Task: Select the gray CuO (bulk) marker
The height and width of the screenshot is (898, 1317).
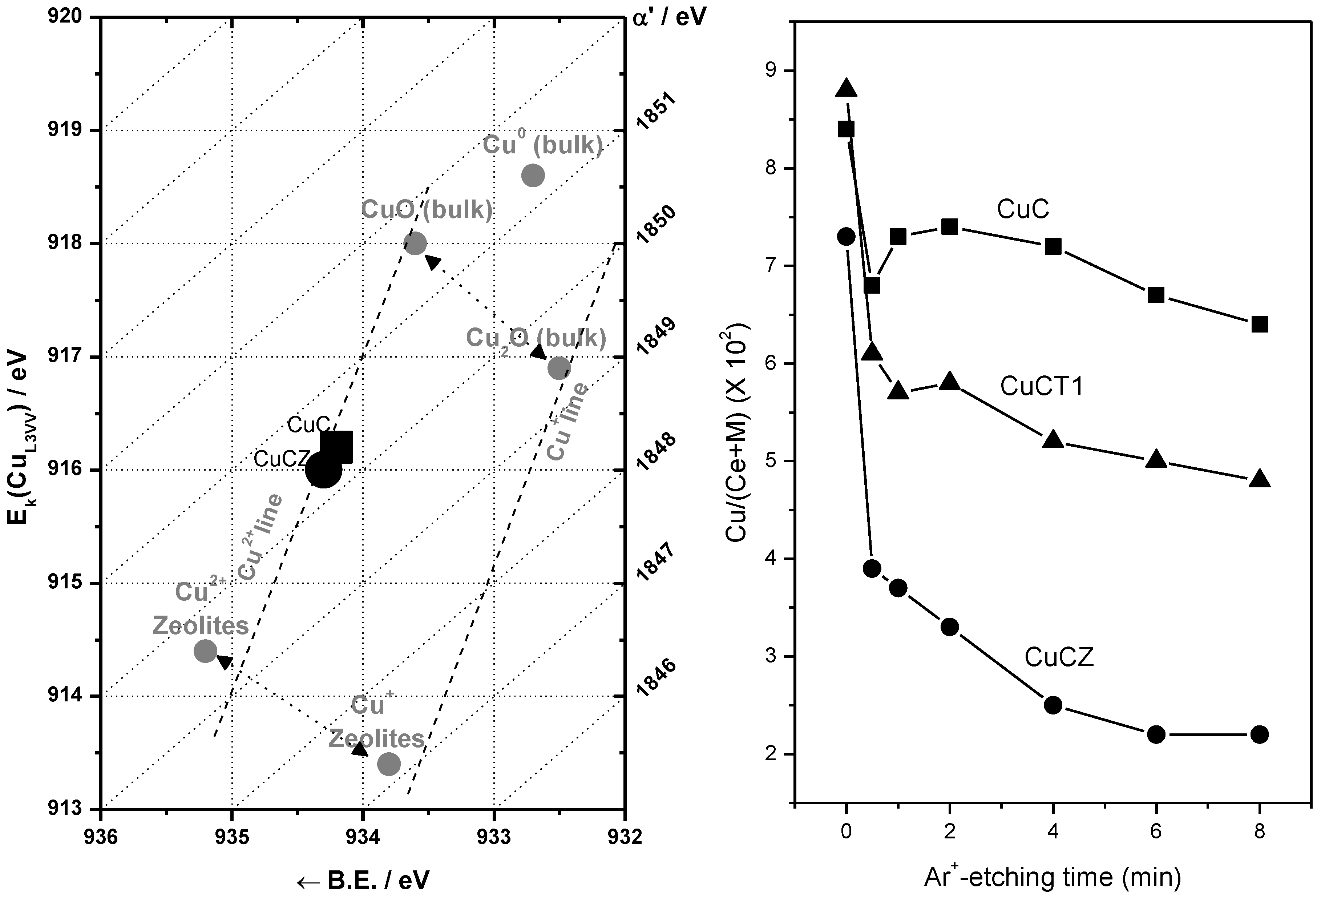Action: pos(415,244)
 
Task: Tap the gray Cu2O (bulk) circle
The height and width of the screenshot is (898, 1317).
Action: pos(559,368)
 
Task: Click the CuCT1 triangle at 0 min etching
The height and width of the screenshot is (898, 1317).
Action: pos(846,88)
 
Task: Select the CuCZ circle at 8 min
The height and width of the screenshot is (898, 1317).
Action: pos(1259,734)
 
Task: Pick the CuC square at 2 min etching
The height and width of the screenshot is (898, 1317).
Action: pos(949,227)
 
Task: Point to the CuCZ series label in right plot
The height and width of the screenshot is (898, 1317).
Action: pos(1059,658)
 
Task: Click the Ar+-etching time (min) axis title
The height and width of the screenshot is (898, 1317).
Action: pos(1053,877)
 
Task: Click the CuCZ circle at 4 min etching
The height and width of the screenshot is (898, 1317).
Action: pos(1053,705)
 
